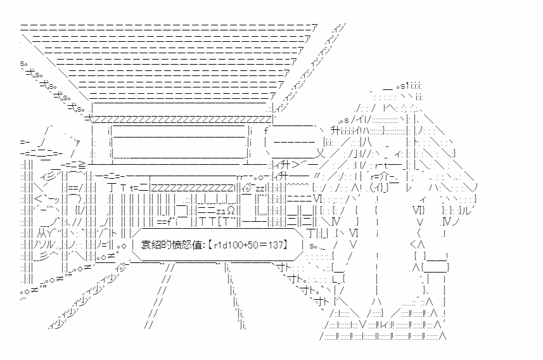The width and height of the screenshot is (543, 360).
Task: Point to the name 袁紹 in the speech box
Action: tap(150, 245)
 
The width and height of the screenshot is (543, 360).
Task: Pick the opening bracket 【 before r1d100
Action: tap(205, 245)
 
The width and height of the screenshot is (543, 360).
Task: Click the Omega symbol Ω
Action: tap(231, 210)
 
